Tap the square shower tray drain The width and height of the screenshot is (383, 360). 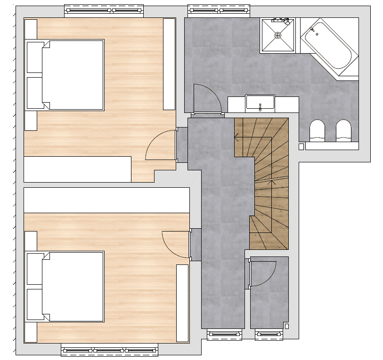point(278,35)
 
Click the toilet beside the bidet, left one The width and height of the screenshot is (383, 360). point(317,131)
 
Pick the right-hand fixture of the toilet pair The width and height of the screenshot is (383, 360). point(343,131)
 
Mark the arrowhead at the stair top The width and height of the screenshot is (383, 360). point(236,137)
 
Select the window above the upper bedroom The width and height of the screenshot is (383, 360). point(103,10)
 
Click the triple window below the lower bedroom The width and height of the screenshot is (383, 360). point(109,351)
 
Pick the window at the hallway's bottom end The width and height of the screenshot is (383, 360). point(224,335)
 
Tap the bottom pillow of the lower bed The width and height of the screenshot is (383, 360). point(35,304)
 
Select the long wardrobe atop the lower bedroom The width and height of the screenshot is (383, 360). point(106,200)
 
